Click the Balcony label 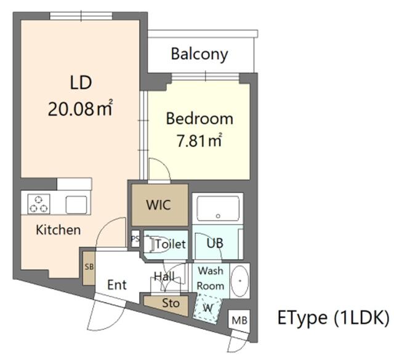[x=199, y=54]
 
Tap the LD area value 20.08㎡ [x=81, y=108]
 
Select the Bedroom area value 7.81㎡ [x=199, y=140]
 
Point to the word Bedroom [x=199, y=119]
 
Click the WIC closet [x=160, y=205]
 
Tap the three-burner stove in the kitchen [x=39, y=204]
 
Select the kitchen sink [x=76, y=205]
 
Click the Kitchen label [x=58, y=230]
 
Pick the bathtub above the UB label [x=218, y=209]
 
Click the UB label [x=215, y=243]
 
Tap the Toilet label [x=171, y=244]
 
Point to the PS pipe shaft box [x=135, y=238]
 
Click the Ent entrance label [x=117, y=285]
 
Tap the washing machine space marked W [x=207, y=308]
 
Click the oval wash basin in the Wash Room [x=239, y=281]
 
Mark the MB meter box [x=239, y=321]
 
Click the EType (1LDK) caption [x=334, y=318]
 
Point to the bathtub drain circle [x=218, y=216]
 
